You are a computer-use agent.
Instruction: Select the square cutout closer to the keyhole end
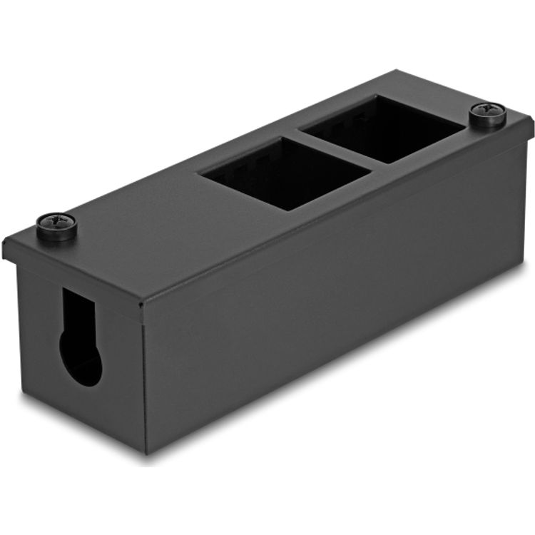pos(286,173)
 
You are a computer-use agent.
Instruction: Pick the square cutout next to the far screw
pos(382,128)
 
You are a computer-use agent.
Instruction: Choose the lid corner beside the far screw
pos(532,121)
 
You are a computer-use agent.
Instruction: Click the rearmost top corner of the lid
pos(397,71)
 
